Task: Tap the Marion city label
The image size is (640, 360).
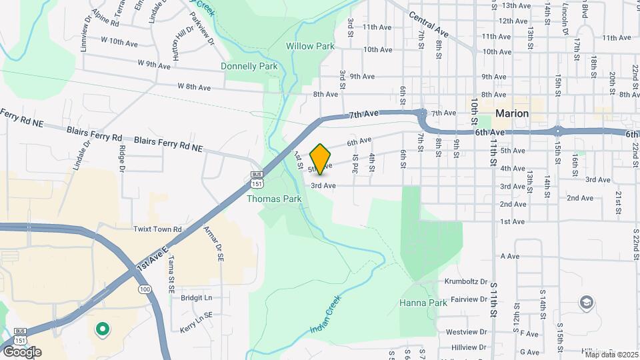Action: click(512, 113)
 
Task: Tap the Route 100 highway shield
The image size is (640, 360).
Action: click(145, 289)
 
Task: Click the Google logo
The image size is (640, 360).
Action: click(22, 351)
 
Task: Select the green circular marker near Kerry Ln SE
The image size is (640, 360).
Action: click(102, 328)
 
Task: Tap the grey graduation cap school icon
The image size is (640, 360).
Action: click(586, 303)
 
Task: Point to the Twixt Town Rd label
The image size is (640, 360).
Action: click(157, 229)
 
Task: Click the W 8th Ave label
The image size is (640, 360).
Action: click(194, 87)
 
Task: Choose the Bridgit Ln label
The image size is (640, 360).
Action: click(196, 297)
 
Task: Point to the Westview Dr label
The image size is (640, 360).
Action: click(463, 331)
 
